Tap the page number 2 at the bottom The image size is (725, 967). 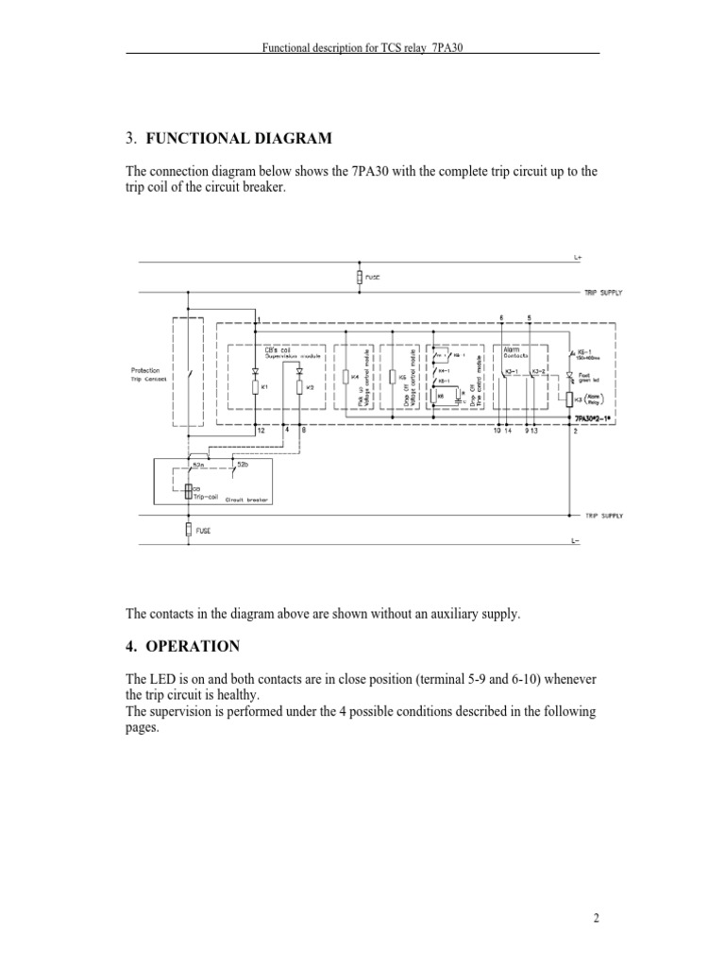pos(597,919)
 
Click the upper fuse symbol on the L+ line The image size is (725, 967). pos(359,278)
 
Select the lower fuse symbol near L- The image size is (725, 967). pos(189,531)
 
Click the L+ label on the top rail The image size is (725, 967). pos(578,257)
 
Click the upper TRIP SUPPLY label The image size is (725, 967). pos(602,293)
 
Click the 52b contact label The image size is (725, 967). pos(243,465)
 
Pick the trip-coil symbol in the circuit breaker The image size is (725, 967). pos(188,491)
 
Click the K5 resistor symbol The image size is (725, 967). pos(391,377)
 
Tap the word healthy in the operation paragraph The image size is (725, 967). pos(232,694)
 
